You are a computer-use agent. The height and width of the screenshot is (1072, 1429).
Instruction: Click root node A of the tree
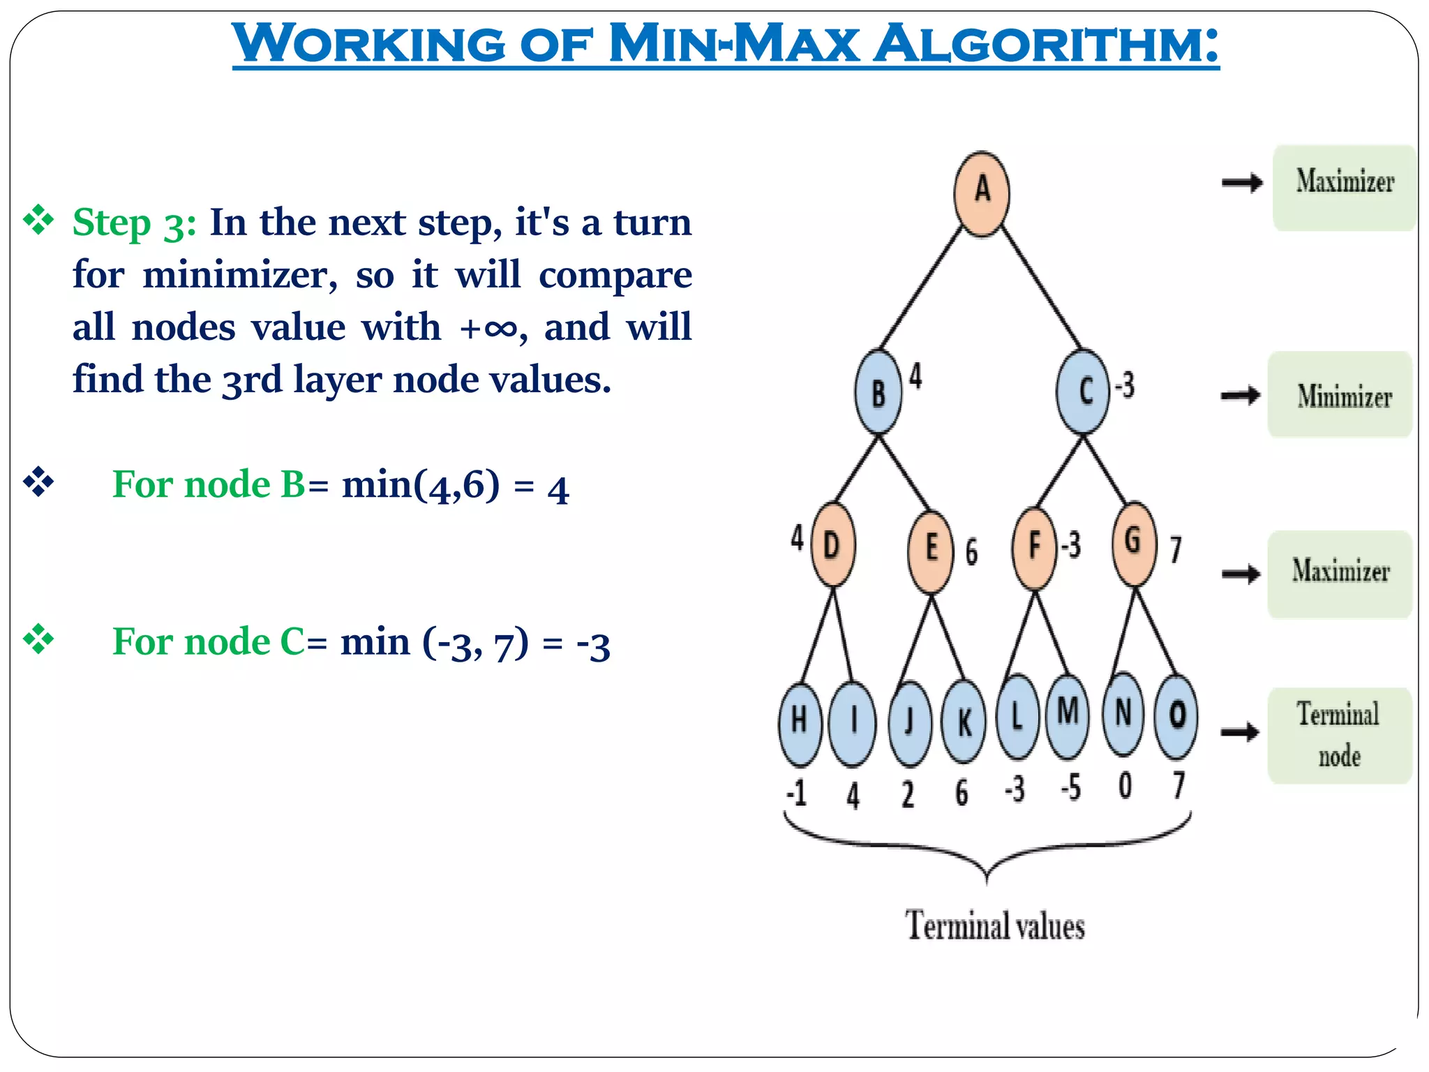click(982, 193)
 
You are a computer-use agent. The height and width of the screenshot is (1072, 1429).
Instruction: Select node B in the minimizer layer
click(878, 392)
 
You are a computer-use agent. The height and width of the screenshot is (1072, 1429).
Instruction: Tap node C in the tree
click(1083, 391)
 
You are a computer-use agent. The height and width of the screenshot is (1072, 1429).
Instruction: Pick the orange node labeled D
click(832, 544)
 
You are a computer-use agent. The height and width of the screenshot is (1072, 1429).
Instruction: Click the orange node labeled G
click(1135, 543)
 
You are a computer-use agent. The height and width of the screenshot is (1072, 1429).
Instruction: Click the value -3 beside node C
click(1125, 385)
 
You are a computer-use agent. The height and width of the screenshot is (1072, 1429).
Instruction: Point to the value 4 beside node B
click(915, 376)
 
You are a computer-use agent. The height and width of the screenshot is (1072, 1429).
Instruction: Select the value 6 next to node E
click(971, 551)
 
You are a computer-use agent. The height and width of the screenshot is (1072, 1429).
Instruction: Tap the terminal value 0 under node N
click(1125, 786)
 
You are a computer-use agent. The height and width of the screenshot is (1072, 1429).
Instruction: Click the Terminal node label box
click(1340, 735)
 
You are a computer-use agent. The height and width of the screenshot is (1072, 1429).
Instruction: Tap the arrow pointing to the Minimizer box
click(1241, 396)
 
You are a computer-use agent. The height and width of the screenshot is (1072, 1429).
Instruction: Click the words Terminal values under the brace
click(995, 926)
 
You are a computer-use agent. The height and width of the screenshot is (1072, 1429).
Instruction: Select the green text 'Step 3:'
click(134, 223)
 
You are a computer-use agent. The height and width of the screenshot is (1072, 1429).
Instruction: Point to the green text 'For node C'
click(208, 641)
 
